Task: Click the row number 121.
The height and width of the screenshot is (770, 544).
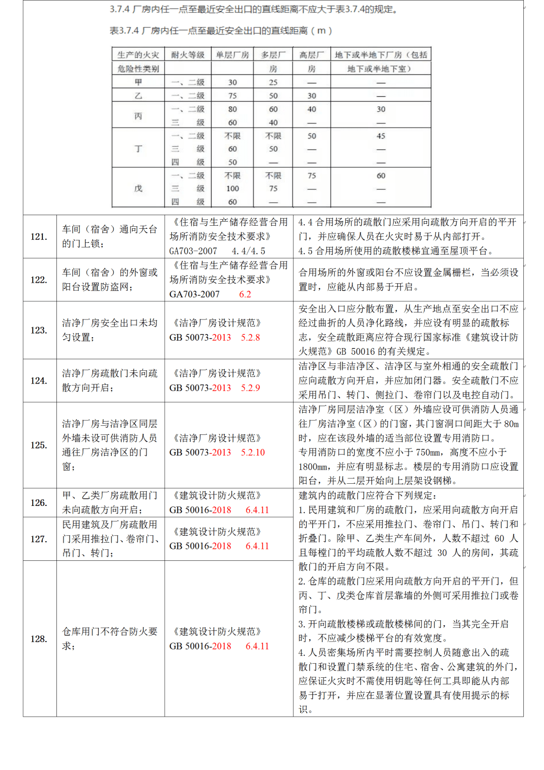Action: pyautogui.click(x=39, y=237)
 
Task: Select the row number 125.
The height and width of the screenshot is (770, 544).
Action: pyautogui.click(x=39, y=445)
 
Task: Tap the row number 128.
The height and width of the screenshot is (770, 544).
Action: pyautogui.click(x=39, y=639)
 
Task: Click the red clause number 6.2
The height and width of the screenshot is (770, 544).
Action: pyautogui.click(x=245, y=294)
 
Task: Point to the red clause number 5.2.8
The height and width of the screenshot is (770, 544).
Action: pyautogui.click(x=250, y=338)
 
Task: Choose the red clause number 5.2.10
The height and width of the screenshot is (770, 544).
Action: pyautogui.click(x=252, y=453)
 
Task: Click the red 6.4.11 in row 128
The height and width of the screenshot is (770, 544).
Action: pyautogui.click(x=257, y=646)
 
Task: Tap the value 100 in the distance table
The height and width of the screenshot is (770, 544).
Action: pyautogui.click(x=232, y=188)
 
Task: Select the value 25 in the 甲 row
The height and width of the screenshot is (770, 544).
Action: pyautogui.click(x=273, y=82)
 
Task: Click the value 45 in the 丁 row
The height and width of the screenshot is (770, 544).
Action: pyautogui.click(x=381, y=136)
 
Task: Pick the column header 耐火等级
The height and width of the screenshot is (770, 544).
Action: pyautogui.click(x=188, y=55)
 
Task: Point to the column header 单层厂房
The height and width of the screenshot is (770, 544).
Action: pyautogui.click(x=232, y=55)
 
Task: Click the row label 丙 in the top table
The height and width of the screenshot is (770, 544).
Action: pyautogui.click(x=138, y=116)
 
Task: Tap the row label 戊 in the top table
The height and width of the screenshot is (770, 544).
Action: pyautogui.click(x=138, y=188)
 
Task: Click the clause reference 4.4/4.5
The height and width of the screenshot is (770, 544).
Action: pyautogui.click(x=248, y=251)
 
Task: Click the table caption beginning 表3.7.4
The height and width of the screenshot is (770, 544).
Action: pyautogui.click(x=221, y=31)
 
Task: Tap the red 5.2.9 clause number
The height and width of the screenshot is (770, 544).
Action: pyautogui.click(x=250, y=388)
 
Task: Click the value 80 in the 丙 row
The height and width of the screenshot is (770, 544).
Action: pyautogui.click(x=232, y=109)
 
